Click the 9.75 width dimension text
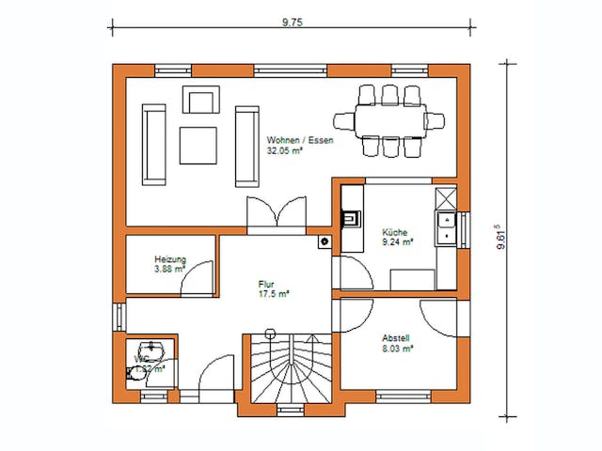(x=291, y=21)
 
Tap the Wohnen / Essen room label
(x=299, y=140)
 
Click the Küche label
(x=394, y=231)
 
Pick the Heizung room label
(x=170, y=259)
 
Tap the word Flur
(x=268, y=283)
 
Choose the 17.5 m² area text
(x=274, y=293)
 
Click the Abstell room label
(x=396, y=337)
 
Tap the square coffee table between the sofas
(x=198, y=144)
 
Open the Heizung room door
(x=198, y=279)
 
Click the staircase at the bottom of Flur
(x=288, y=369)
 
